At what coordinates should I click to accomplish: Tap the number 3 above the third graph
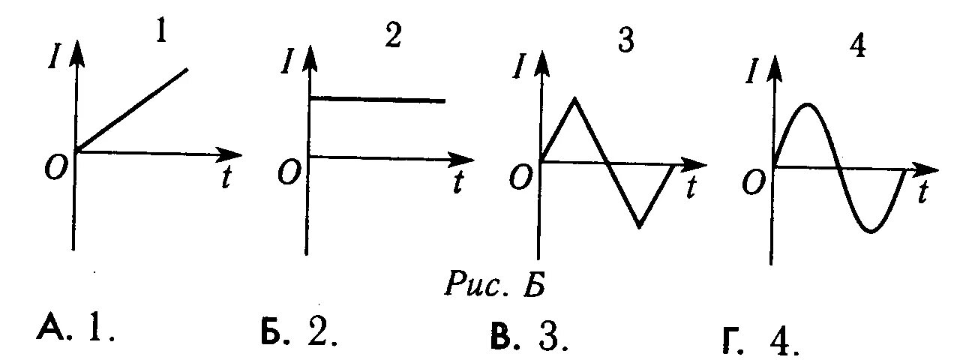point(625,42)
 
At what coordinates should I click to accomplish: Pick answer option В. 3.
point(529,337)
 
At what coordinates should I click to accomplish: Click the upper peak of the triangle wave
point(574,98)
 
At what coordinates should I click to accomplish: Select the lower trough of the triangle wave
point(639,226)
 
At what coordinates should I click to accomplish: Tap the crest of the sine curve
point(805,104)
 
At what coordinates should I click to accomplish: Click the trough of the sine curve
point(871,231)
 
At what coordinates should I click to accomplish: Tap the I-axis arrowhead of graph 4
point(773,69)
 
